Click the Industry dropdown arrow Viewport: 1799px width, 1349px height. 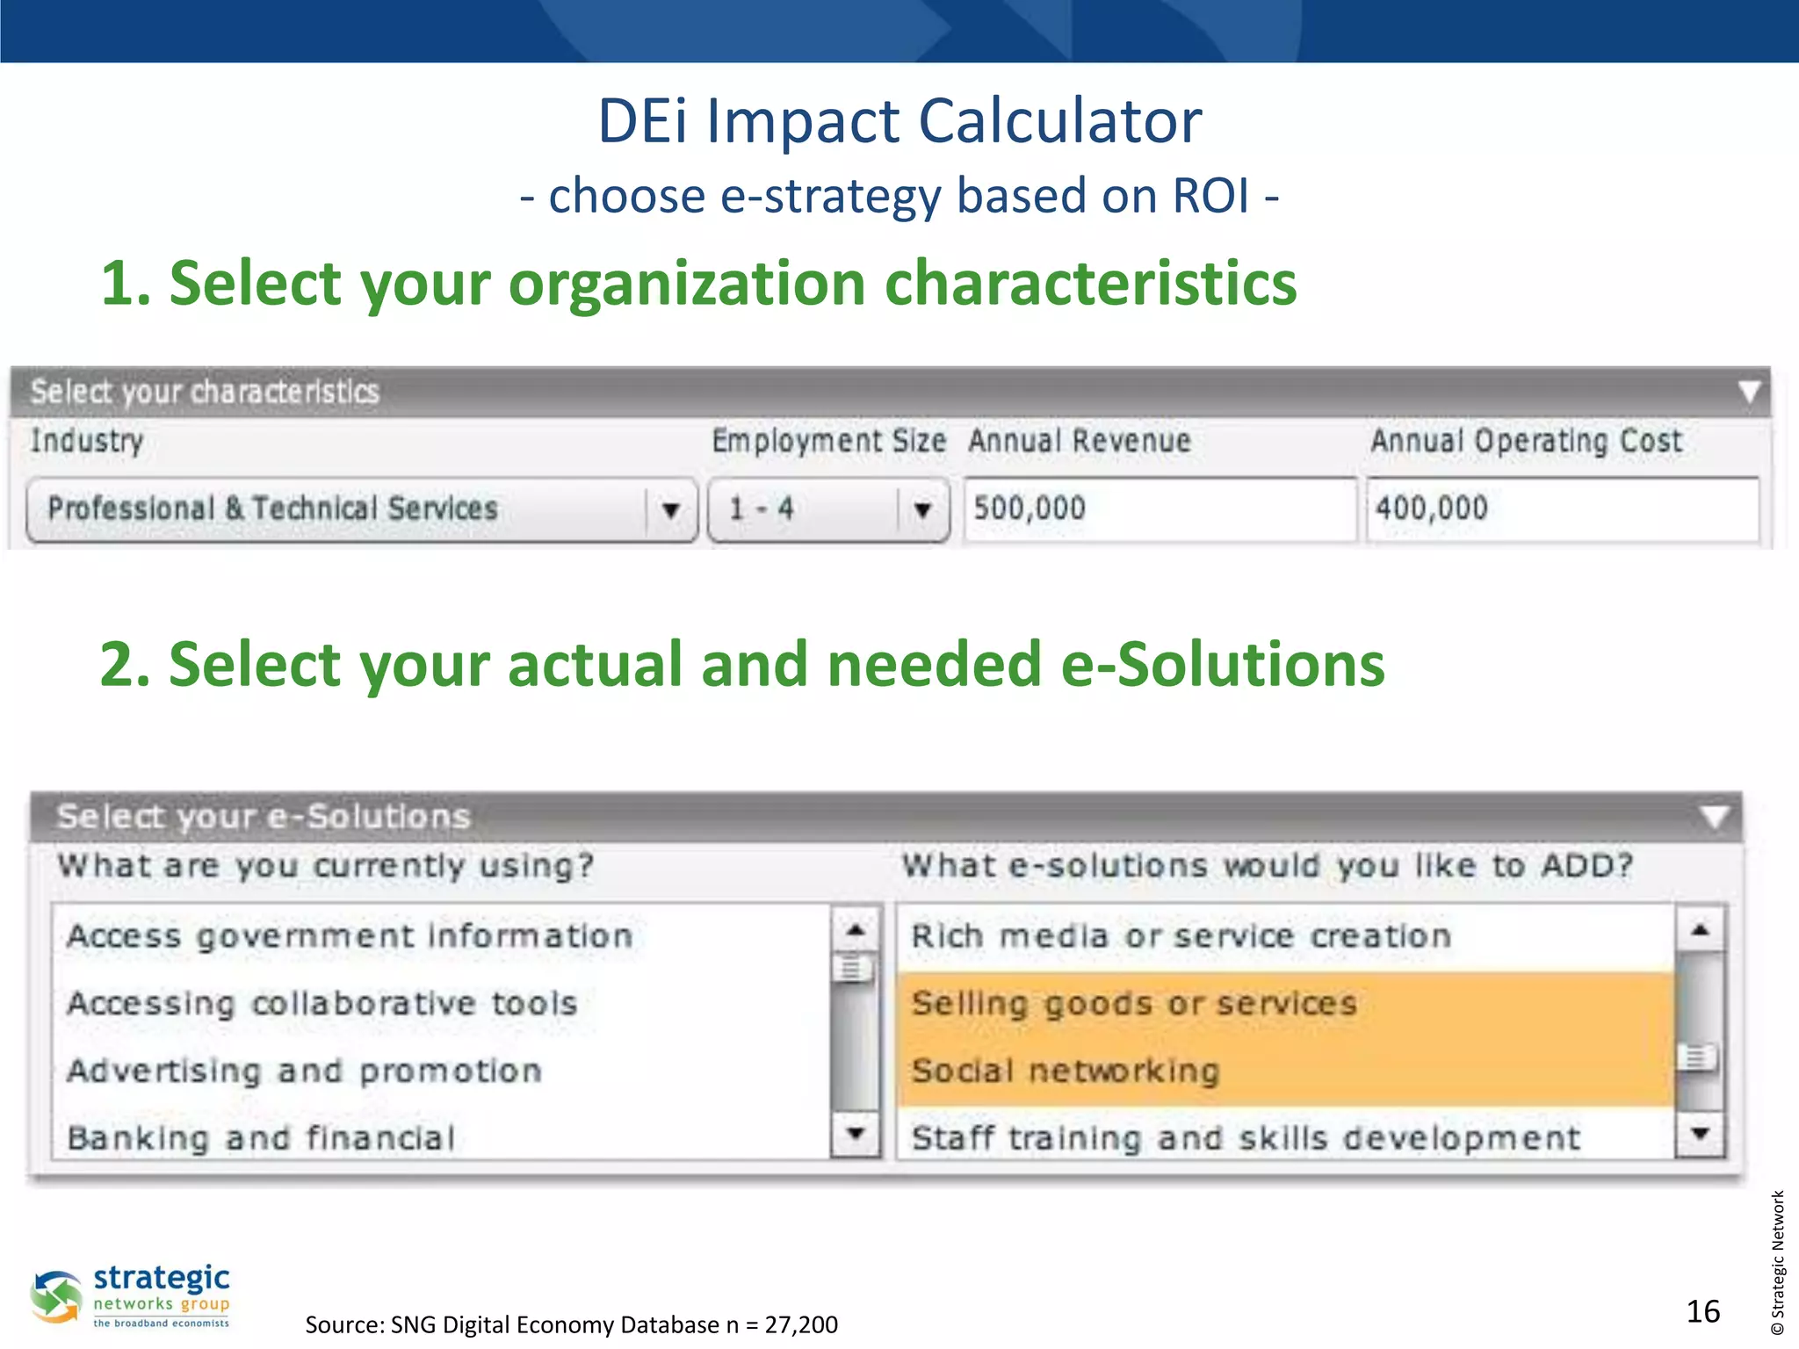(670, 509)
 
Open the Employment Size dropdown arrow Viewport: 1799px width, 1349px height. (921, 509)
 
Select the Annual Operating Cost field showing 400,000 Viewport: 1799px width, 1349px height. (1562, 509)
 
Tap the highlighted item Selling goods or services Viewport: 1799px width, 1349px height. (1133, 1004)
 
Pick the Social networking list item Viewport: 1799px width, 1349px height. (1066, 1071)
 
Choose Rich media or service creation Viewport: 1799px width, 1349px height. (1181, 936)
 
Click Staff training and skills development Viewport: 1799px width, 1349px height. (1245, 1138)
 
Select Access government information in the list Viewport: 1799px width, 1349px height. (350, 936)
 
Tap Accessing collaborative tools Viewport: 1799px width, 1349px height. (322, 1004)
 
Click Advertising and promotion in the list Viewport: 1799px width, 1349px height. (304, 1071)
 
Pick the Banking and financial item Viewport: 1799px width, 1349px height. (261, 1138)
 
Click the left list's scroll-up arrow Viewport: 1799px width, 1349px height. (855, 929)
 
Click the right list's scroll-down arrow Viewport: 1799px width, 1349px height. (1700, 1134)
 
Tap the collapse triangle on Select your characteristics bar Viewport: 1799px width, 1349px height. (1748, 392)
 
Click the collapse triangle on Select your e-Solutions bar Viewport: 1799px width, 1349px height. (1714, 817)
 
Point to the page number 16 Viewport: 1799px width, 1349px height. (1702, 1311)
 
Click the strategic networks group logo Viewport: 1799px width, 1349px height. (132, 1296)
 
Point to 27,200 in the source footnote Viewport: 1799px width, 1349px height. (800, 1324)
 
